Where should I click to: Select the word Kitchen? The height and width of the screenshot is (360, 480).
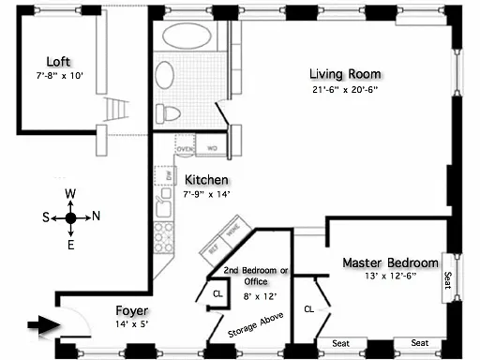point(206,180)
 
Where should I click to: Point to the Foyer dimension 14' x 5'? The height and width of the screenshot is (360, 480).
point(130,323)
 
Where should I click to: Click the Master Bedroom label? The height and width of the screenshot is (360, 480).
point(390,262)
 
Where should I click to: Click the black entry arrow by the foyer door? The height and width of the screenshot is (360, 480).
point(37,325)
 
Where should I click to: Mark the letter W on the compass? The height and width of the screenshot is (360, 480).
point(69,194)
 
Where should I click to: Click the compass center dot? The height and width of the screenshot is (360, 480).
point(70,218)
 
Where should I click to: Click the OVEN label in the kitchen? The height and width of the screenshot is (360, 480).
point(185,147)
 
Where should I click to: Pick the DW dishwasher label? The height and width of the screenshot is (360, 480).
point(169,175)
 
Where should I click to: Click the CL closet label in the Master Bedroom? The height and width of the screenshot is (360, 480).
point(309,307)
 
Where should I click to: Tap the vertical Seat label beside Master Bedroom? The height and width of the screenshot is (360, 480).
point(447,281)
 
